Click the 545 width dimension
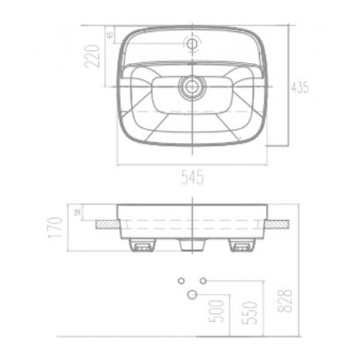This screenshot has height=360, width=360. [x=193, y=177]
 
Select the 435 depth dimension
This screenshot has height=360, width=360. [x=300, y=87]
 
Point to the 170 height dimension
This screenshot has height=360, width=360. [x=56, y=229]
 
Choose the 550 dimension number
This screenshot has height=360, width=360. [x=251, y=313]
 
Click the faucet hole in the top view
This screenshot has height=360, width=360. [x=193, y=44]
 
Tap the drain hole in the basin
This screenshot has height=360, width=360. [x=193, y=86]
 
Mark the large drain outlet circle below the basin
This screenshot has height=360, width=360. [x=192, y=294]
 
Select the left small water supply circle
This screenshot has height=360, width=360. [x=181, y=281]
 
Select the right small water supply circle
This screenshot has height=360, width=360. [x=203, y=281]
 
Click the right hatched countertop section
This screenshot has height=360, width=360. [x=279, y=224]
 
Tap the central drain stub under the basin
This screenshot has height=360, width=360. [x=193, y=245]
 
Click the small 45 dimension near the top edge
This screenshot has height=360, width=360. [x=110, y=35]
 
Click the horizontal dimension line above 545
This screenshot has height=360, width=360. [x=193, y=164]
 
